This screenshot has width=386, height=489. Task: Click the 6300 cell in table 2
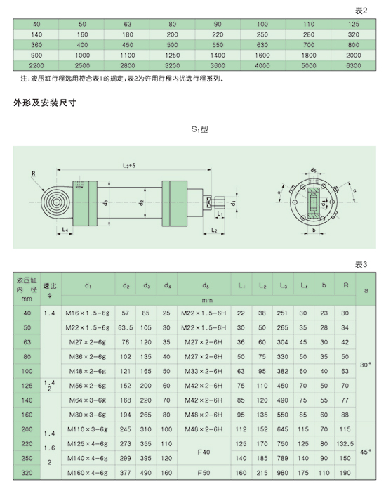(x=353, y=66)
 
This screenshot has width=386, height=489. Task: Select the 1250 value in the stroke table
(x=172, y=56)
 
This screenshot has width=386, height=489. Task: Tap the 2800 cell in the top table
(x=128, y=66)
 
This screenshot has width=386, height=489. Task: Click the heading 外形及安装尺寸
(x=45, y=103)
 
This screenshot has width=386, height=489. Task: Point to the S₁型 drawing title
(x=199, y=129)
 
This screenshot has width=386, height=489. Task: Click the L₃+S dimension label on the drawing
(x=129, y=165)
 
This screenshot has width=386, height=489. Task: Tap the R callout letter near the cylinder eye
(x=34, y=174)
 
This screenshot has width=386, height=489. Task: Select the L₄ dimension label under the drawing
(x=65, y=230)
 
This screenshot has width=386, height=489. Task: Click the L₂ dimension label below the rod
(x=214, y=230)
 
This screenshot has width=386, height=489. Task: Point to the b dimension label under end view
(x=314, y=230)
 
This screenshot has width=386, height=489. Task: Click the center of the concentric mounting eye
(x=56, y=202)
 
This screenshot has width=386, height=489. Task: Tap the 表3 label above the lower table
(x=361, y=265)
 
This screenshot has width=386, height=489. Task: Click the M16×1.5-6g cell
(x=88, y=313)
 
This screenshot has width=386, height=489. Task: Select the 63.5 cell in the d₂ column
(x=125, y=328)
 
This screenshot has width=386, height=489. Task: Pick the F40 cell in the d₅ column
(x=204, y=452)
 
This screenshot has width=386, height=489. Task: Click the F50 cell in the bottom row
(x=204, y=473)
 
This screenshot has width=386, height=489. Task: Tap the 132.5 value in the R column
(x=345, y=444)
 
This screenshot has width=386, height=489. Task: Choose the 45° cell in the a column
(x=366, y=452)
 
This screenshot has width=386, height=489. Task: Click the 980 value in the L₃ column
(x=282, y=473)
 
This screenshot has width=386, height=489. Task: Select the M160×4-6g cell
(x=88, y=473)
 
